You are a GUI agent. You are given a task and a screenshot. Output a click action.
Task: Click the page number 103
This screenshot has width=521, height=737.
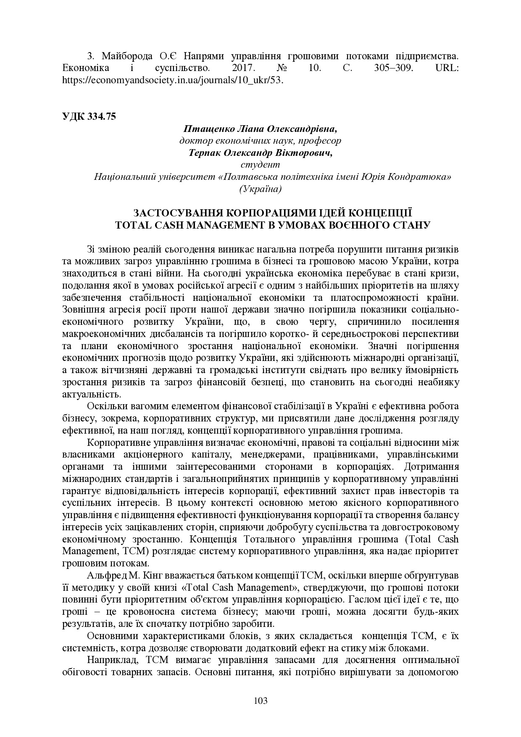coord(260,700)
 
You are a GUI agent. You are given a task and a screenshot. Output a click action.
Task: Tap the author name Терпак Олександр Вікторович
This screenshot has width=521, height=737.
coord(260,153)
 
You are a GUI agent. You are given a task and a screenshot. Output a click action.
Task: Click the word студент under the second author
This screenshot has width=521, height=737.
coord(260,165)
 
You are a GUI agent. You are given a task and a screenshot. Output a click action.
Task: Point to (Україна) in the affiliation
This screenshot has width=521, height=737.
coord(260,189)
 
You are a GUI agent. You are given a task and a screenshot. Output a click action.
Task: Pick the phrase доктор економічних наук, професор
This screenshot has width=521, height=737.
coord(260,141)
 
